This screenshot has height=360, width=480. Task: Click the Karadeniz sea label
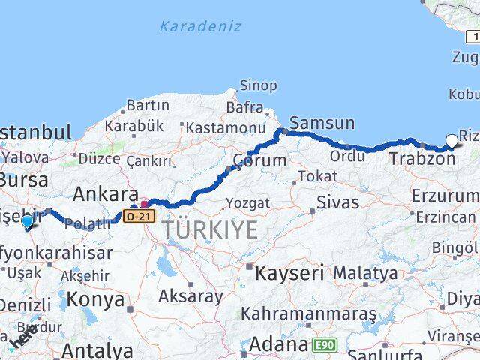[201, 26]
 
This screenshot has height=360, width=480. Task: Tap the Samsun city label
[322, 123]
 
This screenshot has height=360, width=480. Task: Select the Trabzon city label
[421, 159]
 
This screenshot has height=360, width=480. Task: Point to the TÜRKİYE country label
[210, 229]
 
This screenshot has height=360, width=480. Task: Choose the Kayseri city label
[289, 272]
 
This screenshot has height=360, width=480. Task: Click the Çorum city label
[259, 160]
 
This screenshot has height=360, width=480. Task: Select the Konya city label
[95, 299]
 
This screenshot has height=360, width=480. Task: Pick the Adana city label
[278, 345]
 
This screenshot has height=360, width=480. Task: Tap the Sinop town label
[258, 85]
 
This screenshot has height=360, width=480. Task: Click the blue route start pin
[28, 221]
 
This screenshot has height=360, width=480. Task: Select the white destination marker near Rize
[451, 140]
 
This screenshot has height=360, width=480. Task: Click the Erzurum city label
[444, 196]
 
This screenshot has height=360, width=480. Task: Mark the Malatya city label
[364, 273]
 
